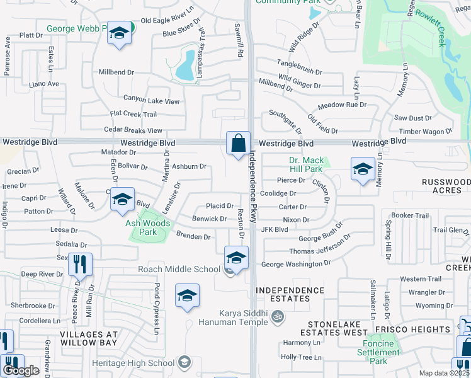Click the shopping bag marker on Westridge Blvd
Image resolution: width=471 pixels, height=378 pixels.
point(239,144)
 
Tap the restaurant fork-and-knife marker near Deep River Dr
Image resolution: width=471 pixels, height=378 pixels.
point(80,265)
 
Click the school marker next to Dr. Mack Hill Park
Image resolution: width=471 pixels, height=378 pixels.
point(363,169)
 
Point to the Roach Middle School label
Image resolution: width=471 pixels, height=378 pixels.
point(179,269)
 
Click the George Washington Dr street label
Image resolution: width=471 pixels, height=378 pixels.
point(295,265)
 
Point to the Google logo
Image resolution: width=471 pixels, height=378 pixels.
point(21,370)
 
